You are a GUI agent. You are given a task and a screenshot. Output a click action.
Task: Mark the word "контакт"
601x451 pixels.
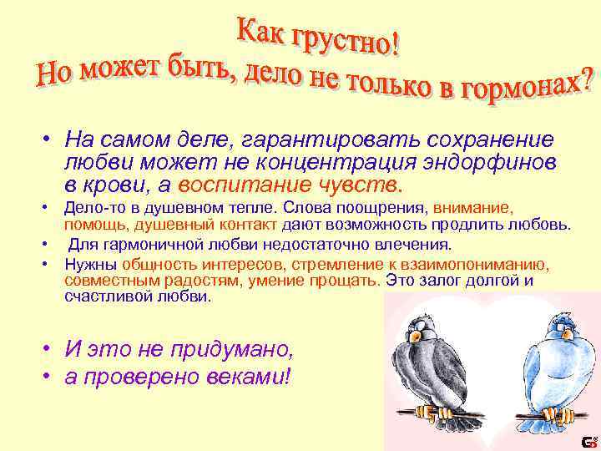[x=265, y=225]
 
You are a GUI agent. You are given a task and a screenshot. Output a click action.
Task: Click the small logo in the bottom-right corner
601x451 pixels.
[x=588, y=441]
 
